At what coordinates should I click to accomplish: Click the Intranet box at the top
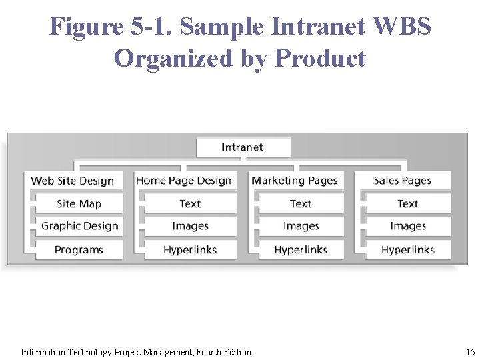pyautogui.click(x=243, y=147)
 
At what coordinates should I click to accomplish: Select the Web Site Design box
pyautogui.click(x=73, y=181)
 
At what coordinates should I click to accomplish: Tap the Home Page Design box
pyautogui.click(x=184, y=181)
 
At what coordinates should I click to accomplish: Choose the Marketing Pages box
pyautogui.click(x=295, y=181)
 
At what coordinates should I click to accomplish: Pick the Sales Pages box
pyautogui.click(x=403, y=181)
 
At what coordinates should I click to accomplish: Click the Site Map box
pyautogui.click(x=79, y=204)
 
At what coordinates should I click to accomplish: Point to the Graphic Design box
pyautogui.click(x=79, y=227)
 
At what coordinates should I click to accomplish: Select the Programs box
pyautogui.click(x=79, y=250)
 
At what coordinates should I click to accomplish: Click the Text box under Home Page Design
pyautogui.click(x=190, y=204)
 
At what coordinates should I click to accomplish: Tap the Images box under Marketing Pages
pyautogui.click(x=301, y=227)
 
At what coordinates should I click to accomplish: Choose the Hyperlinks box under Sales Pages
pyautogui.click(x=407, y=250)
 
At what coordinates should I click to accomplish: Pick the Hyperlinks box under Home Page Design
pyautogui.click(x=190, y=250)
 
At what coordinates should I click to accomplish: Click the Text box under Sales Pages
pyautogui.click(x=407, y=204)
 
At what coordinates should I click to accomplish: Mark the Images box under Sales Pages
pyautogui.click(x=407, y=227)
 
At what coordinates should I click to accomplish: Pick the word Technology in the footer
pyautogui.click(x=86, y=352)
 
